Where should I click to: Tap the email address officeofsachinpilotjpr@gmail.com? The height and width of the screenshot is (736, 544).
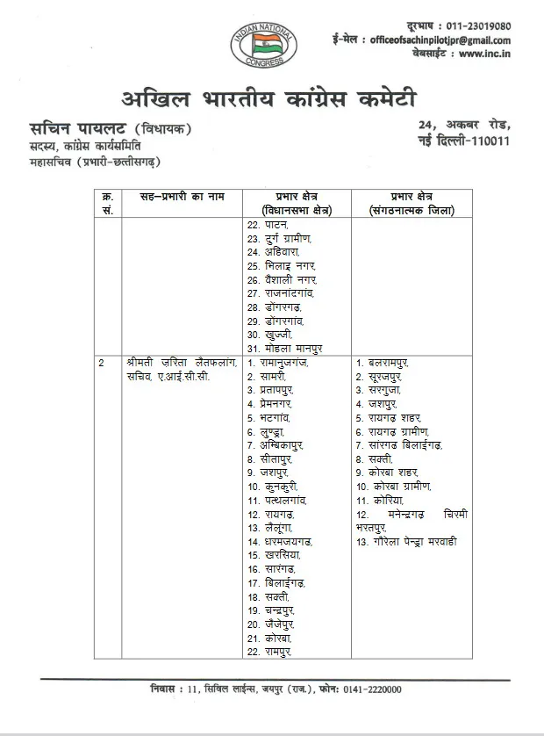click(x=440, y=40)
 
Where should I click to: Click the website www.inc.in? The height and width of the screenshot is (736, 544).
click(x=484, y=54)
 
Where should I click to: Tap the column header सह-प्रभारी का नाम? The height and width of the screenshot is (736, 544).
click(x=172, y=197)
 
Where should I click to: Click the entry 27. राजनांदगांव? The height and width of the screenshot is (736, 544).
click(x=281, y=292)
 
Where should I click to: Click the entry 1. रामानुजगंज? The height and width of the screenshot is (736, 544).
click(x=278, y=363)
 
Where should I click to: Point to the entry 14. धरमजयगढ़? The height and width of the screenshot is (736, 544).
click(x=280, y=542)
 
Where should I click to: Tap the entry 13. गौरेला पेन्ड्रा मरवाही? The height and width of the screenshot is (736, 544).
click(x=406, y=542)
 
